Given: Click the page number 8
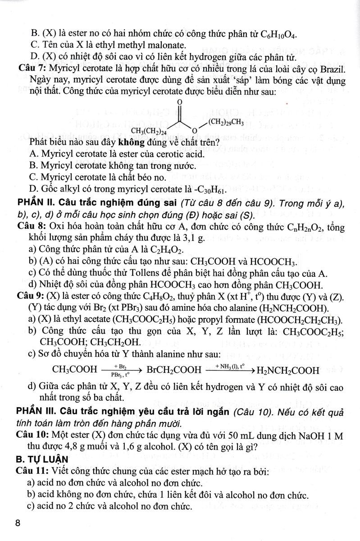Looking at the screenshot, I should (18, 523).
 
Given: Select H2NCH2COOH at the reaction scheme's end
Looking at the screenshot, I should (287, 371).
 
